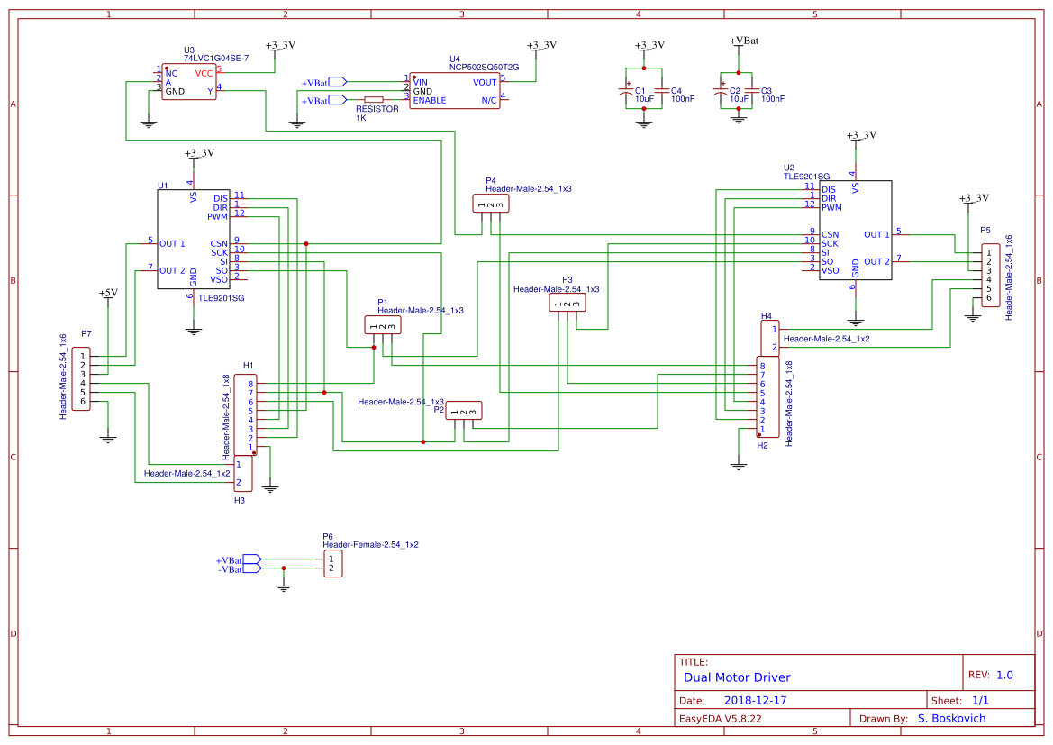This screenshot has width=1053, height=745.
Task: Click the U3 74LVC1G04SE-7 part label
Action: (215, 58)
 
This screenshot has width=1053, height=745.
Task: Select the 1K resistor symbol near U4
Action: (373, 100)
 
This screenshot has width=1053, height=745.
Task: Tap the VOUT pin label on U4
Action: (485, 82)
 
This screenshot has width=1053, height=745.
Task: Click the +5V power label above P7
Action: (108, 293)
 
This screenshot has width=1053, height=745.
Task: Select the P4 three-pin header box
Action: (490, 204)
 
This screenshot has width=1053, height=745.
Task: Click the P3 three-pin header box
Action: (567, 304)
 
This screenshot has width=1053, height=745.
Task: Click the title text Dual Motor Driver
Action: (737, 677)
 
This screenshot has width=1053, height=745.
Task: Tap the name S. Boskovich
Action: (951, 719)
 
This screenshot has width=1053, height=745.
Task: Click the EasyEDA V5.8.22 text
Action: (721, 719)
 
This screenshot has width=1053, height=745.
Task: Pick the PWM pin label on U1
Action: (217, 217)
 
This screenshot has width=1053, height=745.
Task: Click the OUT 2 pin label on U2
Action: (876, 262)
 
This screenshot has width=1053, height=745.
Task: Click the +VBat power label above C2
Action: (743, 41)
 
